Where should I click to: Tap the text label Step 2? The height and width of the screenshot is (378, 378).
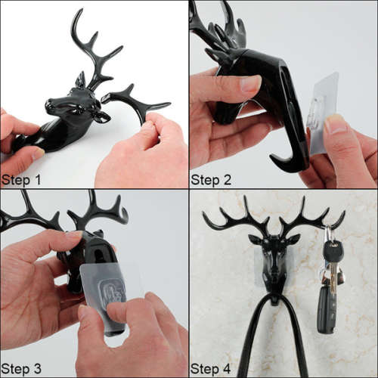[x=212, y=179]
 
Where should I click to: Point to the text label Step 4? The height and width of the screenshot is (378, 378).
[x=212, y=368]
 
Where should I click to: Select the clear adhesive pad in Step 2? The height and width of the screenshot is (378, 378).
[x=324, y=113]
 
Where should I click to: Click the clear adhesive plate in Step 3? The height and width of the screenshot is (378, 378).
[x=112, y=287]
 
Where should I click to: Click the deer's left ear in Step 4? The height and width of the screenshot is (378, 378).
[x=256, y=240]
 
